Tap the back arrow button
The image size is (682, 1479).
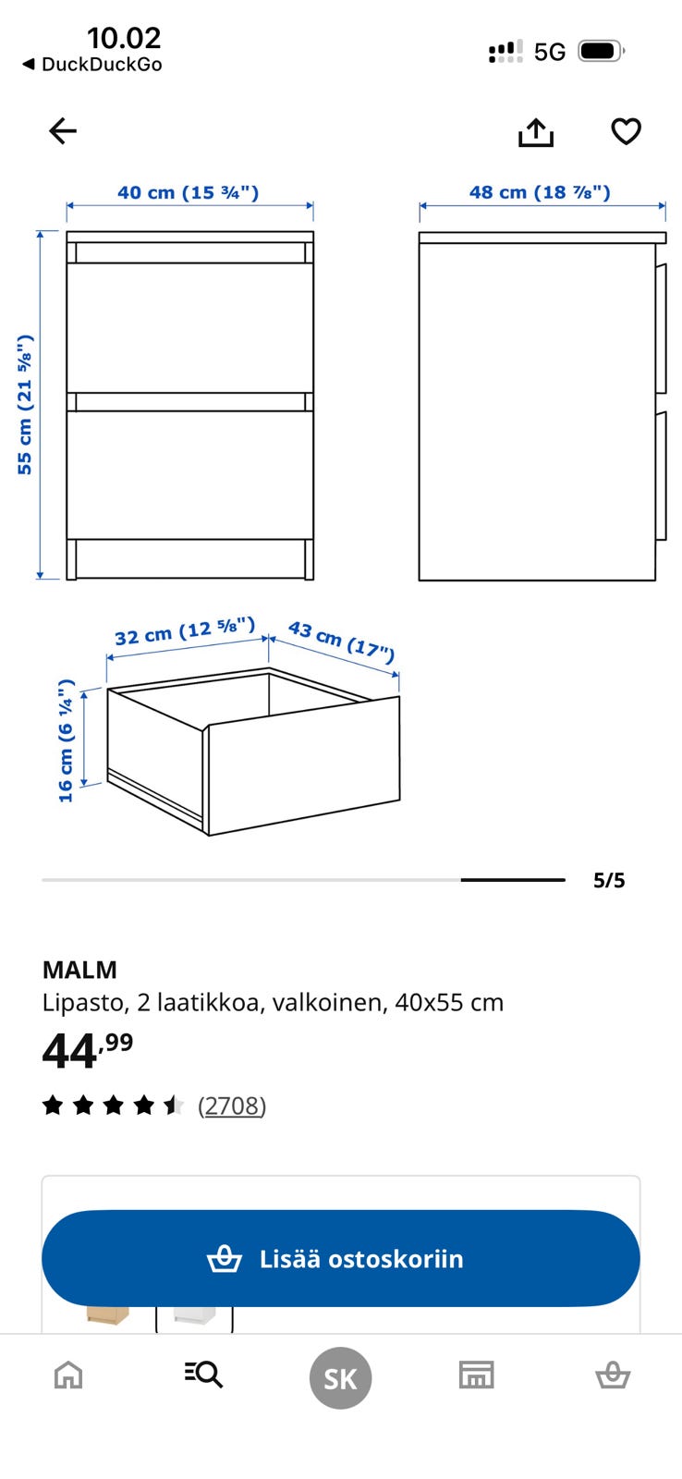(x=63, y=130)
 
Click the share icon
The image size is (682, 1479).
(x=535, y=132)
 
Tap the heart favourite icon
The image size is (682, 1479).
(x=626, y=130)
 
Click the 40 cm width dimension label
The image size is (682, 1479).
(x=189, y=193)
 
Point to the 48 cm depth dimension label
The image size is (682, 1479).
(x=540, y=192)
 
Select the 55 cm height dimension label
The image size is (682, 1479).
(x=24, y=405)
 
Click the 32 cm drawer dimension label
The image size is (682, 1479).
(x=185, y=631)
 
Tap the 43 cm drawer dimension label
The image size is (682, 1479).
(x=341, y=642)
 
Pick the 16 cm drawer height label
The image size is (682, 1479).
(x=66, y=740)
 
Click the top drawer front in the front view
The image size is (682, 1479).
(x=190, y=327)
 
